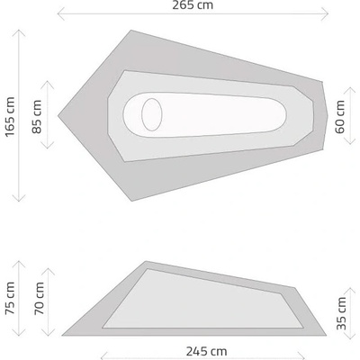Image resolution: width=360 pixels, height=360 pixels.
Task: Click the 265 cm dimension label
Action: (x=193, y=5)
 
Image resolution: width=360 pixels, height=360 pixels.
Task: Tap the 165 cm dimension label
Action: (x=10, y=116)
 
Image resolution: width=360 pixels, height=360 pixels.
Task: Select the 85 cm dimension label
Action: (x=37, y=117)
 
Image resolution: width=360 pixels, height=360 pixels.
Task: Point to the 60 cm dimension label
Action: (x=340, y=117)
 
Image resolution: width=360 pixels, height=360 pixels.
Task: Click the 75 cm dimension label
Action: (x=10, y=299)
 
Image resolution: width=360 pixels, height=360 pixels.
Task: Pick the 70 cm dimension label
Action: (x=39, y=299)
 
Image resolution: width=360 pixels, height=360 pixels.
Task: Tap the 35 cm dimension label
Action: (x=341, y=313)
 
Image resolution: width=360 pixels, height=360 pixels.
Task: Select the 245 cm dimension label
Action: (x=207, y=351)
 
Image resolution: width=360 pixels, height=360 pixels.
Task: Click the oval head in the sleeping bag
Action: (x=152, y=114)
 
